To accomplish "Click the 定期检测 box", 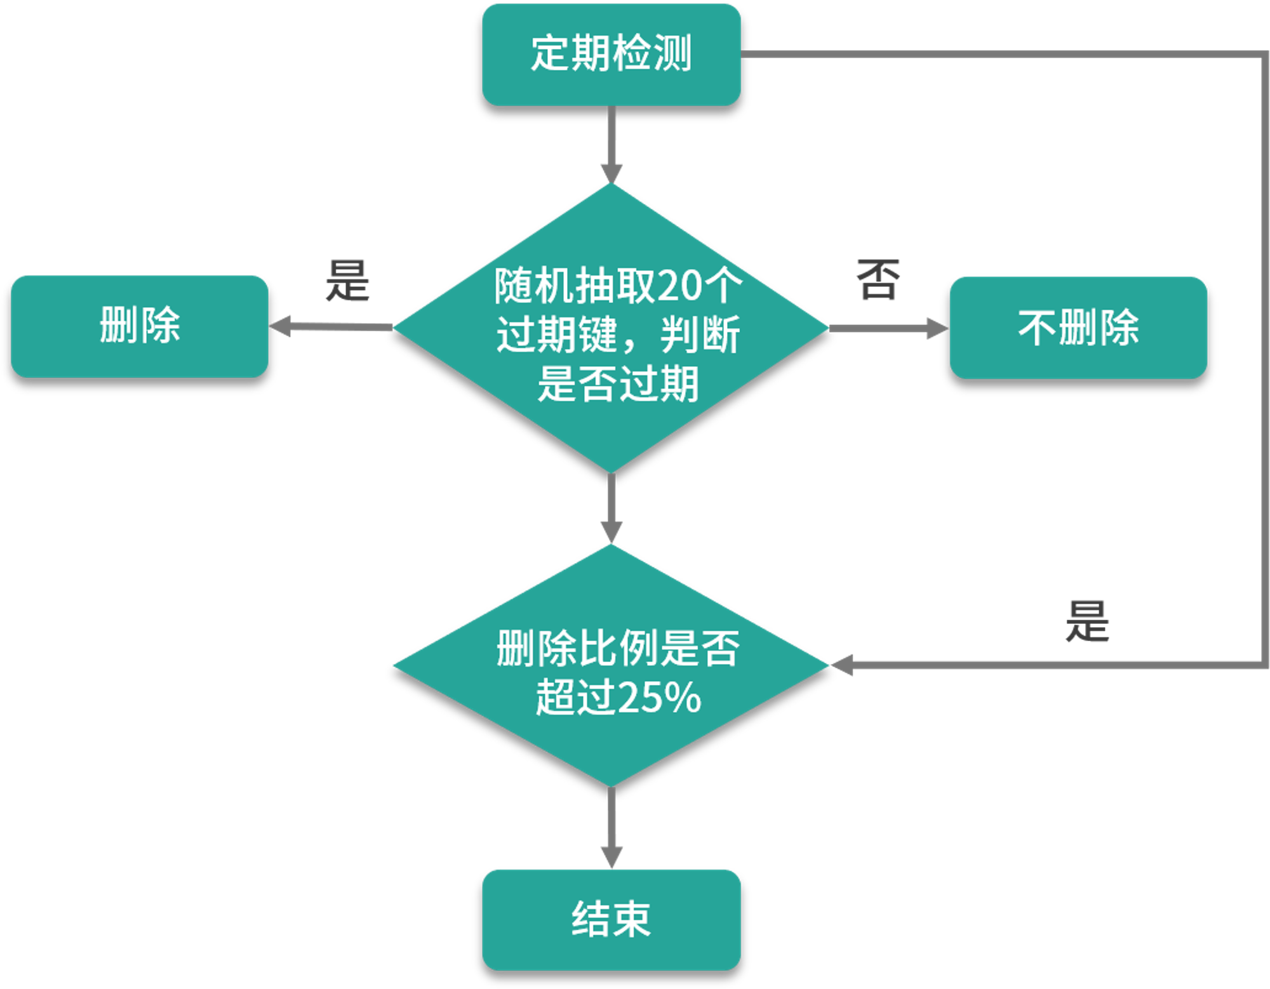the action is (612, 55).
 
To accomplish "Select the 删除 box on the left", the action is (140, 326).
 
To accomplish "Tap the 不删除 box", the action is (1078, 328).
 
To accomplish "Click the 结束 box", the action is (612, 920).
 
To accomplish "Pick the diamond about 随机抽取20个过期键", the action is (612, 328).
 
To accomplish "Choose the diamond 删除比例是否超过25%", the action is (612, 665).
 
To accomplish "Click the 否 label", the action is (878, 279).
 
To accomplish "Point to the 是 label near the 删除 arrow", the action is (347, 280).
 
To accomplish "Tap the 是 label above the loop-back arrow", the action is (1087, 621).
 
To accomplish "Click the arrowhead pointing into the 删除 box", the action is (280, 326).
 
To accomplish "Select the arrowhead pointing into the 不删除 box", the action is (938, 328).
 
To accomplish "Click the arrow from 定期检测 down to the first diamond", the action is (612, 145).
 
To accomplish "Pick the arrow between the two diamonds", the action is (612, 508).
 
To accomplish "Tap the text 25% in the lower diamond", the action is (659, 697).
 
